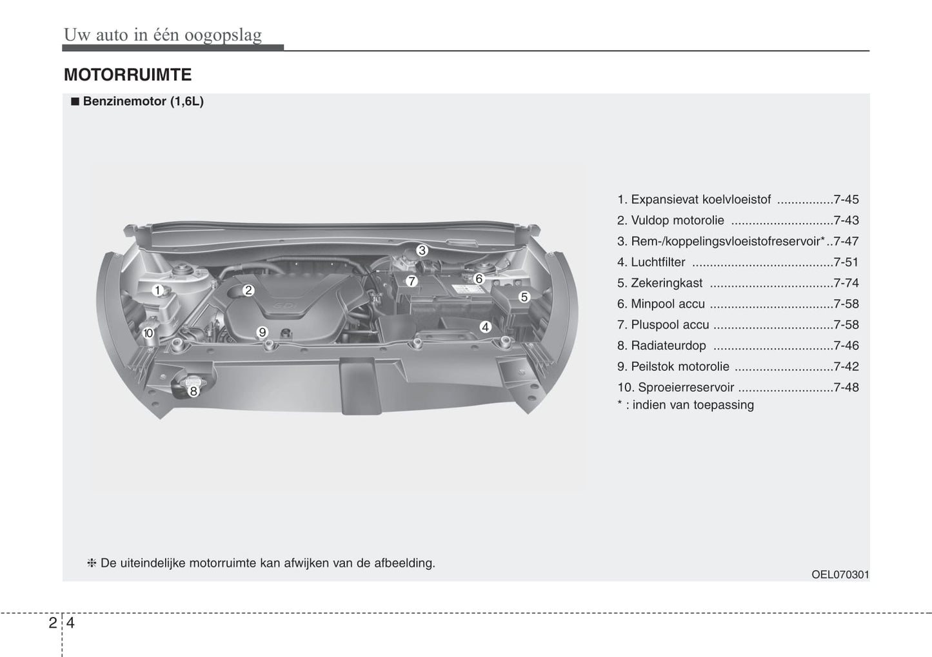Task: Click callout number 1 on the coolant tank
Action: [x=157, y=290]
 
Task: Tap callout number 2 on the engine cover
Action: [x=248, y=290]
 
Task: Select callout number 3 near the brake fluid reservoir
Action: [x=422, y=250]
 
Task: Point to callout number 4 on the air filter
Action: [x=485, y=327]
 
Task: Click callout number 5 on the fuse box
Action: [x=524, y=297]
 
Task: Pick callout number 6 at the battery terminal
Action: [x=479, y=279]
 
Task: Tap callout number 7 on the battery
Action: [x=411, y=281]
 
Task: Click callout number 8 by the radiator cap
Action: [x=193, y=391]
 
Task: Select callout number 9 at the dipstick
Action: [x=262, y=332]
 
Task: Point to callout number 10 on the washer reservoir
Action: [x=148, y=333]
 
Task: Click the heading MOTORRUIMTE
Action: [x=128, y=75]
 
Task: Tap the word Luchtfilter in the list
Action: [x=659, y=262]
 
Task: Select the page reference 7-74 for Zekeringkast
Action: [x=846, y=283]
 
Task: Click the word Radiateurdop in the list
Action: [x=669, y=346]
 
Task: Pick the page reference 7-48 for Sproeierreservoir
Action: [x=846, y=387]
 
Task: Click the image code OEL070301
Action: [x=840, y=574]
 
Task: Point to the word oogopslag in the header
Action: [x=223, y=35]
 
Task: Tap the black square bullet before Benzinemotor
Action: [x=75, y=101]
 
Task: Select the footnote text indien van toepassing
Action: [x=693, y=405]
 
